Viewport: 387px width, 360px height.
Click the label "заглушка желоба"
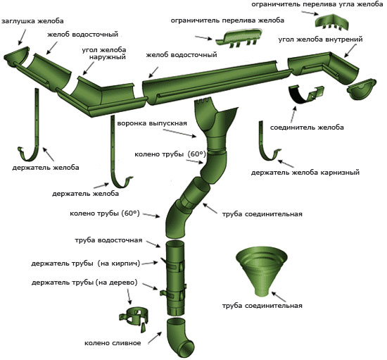coord(32,21)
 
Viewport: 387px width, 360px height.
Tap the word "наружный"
coord(108,57)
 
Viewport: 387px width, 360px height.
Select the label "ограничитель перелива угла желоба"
coord(317,4)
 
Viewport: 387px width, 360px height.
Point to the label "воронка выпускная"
coord(152,123)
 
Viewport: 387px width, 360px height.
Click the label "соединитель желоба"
coord(307,128)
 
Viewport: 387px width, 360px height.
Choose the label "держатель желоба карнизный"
coord(305,172)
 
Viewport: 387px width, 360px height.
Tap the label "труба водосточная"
coord(108,240)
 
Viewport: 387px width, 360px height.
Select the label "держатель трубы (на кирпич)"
coord(86,263)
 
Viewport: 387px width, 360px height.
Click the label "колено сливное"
coord(113,343)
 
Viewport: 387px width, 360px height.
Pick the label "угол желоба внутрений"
coord(321,39)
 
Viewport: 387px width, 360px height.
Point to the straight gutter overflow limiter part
coord(238,37)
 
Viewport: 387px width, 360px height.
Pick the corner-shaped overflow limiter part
coord(332,23)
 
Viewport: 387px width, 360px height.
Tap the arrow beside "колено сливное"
coord(155,337)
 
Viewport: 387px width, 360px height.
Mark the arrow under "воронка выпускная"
coord(179,133)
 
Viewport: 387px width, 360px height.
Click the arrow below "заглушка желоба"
coord(22,37)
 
